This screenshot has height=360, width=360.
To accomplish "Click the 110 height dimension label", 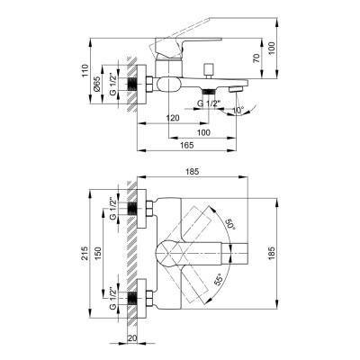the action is (86, 70).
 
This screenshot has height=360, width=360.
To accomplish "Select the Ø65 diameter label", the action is (96, 84).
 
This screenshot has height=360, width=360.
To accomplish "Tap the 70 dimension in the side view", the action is (256, 58).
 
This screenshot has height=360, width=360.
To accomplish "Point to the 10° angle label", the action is (238, 111).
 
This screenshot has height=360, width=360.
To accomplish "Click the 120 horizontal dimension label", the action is (172, 118).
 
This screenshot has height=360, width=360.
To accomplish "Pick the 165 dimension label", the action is (187, 145).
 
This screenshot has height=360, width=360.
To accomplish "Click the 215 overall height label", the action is (85, 253).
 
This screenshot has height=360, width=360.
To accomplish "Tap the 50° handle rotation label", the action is (229, 224).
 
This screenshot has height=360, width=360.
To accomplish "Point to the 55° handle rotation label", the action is (219, 279).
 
